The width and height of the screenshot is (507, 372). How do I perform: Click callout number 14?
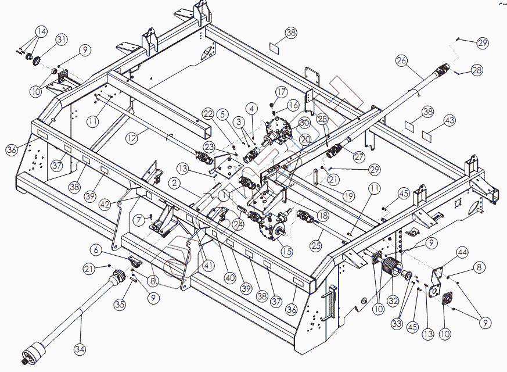pyautogui.click(x=41, y=31)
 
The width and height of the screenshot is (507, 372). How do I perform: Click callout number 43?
pyautogui.click(x=449, y=120)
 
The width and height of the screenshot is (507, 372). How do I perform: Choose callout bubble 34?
pyautogui.click(x=80, y=349)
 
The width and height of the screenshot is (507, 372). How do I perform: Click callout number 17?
pyautogui.click(x=281, y=92)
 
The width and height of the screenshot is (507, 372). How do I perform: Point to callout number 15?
pyautogui.click(x=286, y=251)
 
